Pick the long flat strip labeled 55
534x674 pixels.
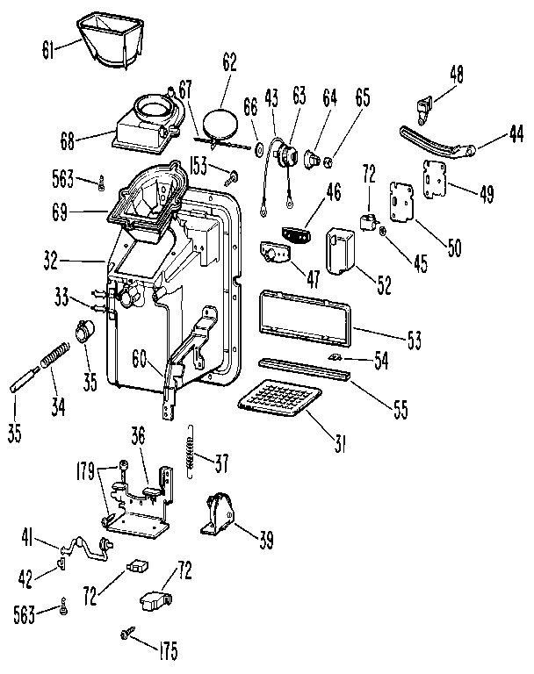304,368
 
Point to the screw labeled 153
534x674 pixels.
233,178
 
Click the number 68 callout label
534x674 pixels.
68,138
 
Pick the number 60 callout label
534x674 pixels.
141,356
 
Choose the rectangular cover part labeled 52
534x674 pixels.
339,251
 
